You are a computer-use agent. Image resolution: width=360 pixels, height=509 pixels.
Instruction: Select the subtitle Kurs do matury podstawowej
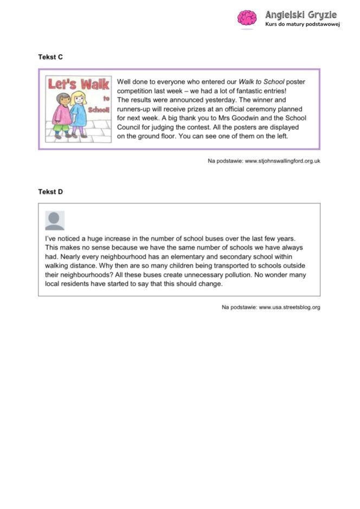pos(302,25)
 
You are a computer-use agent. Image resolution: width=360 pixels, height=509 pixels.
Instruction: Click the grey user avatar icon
pos(54,220)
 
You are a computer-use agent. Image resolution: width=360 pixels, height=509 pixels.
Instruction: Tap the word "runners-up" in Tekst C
pos(135,109)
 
